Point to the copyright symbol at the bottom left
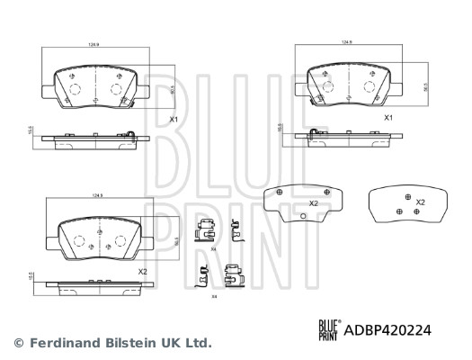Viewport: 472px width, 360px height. [x=17, y=343]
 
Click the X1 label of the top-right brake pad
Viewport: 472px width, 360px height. [x=389, y=118]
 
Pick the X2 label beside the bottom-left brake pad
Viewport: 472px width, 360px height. [x=142, y=272]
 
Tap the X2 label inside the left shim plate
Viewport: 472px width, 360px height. [x=314, y=203]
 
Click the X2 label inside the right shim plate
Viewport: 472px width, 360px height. [x=420, y=202]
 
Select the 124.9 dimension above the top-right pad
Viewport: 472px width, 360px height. [x=345, y=41]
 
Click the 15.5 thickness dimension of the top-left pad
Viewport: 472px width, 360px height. [x=31, y=131]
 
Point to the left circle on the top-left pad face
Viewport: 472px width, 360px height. [x=72, y=89]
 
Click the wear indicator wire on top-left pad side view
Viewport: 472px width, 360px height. [x=132, y=137]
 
